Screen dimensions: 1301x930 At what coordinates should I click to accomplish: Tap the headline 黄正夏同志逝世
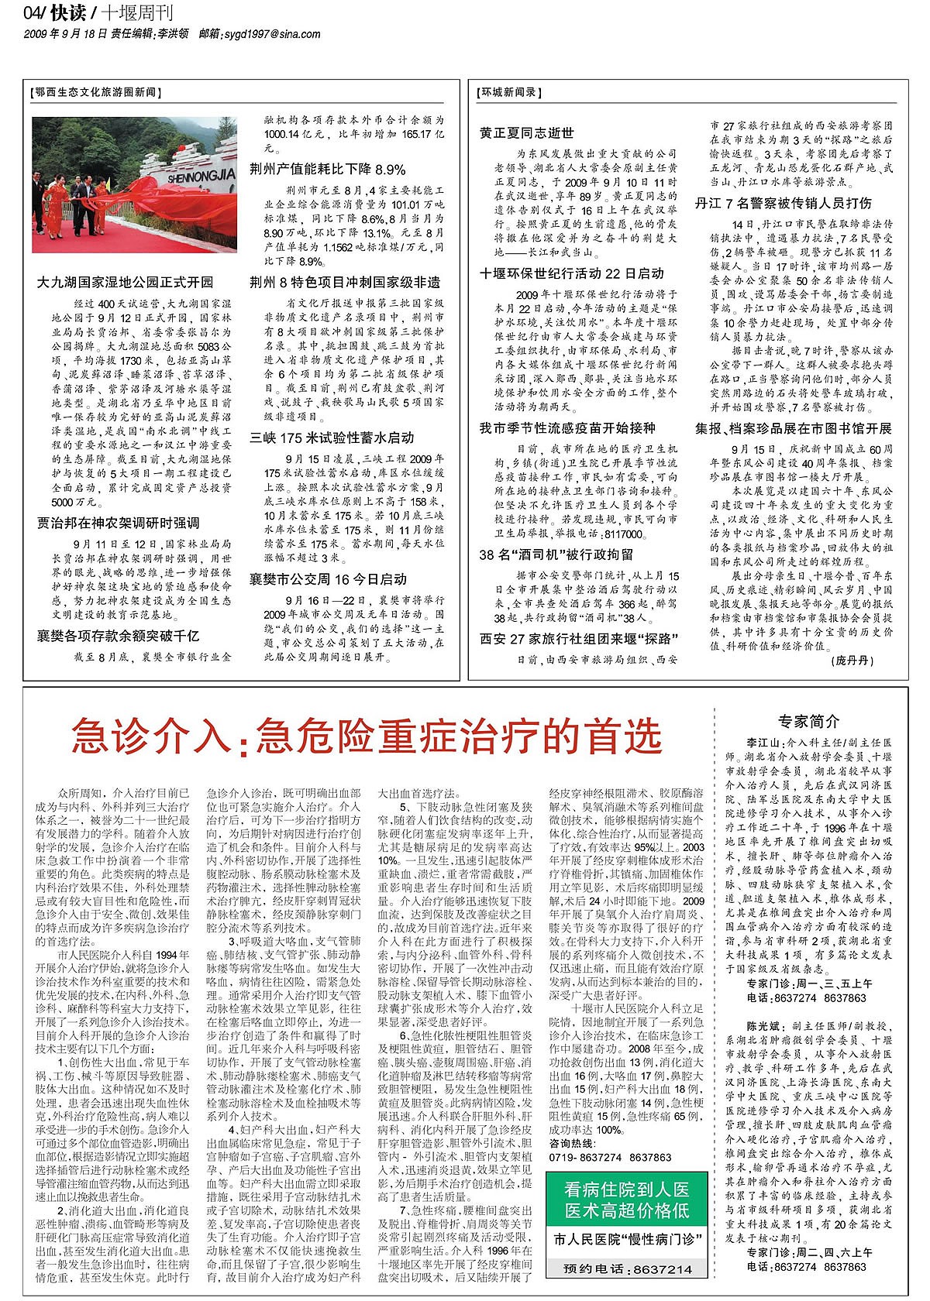click(526, 132)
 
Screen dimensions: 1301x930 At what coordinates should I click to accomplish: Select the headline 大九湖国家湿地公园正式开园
click(125, 282)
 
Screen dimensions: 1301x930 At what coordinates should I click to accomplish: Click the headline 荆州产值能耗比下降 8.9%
click(327, 169)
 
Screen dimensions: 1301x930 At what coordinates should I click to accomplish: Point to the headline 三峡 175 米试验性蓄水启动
click(332, 438)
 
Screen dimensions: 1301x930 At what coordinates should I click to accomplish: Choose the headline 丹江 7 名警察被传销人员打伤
click(783, 204)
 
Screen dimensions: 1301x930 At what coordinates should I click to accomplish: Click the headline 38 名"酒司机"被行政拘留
click(556, 554)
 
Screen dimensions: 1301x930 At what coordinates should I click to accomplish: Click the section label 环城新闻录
click(508, 92)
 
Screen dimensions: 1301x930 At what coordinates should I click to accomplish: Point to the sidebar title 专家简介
click(808, 722)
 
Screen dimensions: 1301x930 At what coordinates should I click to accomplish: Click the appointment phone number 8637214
click(663, 1269)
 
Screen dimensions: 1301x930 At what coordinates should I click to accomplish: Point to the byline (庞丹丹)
click(852, 661)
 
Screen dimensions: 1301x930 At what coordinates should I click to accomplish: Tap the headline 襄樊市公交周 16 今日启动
click(328, 579)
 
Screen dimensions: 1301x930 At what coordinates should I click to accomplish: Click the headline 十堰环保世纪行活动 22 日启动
click(571, 273)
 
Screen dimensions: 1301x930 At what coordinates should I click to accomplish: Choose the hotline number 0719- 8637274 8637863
click(610, 1157)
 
